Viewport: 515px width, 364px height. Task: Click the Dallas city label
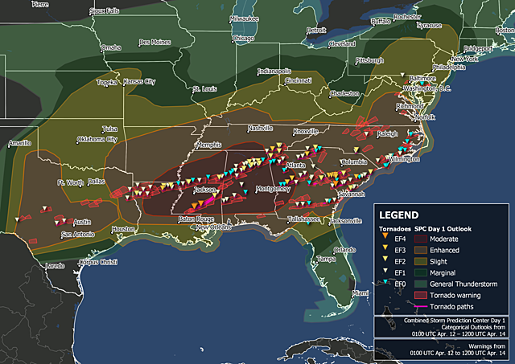pos(97,182)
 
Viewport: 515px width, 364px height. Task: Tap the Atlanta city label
pos(295,165)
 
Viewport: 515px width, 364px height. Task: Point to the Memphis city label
pos(208,145)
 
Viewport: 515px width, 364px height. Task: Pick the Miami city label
pos(359,294)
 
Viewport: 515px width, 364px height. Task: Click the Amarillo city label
pos(19,143)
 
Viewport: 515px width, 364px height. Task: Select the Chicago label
pos(243,38)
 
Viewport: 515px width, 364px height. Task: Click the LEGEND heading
pos(399,215)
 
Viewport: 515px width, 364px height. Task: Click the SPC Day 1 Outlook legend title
pos(448,229)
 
